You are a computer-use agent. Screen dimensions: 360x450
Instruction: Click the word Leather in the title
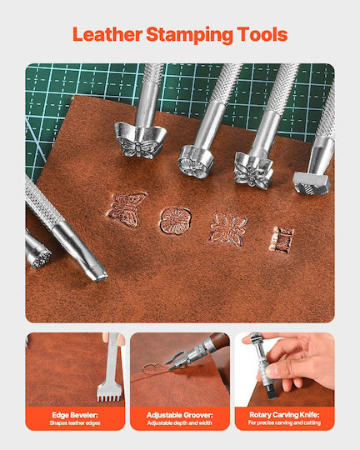coord(107,34)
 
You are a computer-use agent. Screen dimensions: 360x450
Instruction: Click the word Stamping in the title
coord(190,35)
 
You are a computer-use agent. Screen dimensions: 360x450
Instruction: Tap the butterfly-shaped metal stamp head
coord(140,141)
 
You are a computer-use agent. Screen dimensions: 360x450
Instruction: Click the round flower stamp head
coord(196,162)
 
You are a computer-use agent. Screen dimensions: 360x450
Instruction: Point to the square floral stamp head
coord(253,171)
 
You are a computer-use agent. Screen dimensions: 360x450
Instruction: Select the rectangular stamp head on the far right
coord(312,183)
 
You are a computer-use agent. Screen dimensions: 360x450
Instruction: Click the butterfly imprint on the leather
coord(127,209)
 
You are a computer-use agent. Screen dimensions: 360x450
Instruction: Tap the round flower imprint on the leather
coord(175,220)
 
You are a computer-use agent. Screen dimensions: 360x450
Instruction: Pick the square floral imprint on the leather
coord(228,229)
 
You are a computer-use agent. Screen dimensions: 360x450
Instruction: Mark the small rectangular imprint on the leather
coord(282,239)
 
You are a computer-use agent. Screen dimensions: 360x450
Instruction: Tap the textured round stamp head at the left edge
coord(39,258)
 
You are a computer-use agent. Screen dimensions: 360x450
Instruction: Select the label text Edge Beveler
coord(75,415)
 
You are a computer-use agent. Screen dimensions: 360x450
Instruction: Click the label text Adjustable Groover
coord(180,415)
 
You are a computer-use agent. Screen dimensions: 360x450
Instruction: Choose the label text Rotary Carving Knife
coord(284,415)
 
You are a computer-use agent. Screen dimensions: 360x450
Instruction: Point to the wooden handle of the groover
coord(220,340)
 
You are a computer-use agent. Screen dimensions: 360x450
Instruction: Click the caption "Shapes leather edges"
coord(75,423)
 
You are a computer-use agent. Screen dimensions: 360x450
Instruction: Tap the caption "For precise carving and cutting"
coord(284,422)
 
